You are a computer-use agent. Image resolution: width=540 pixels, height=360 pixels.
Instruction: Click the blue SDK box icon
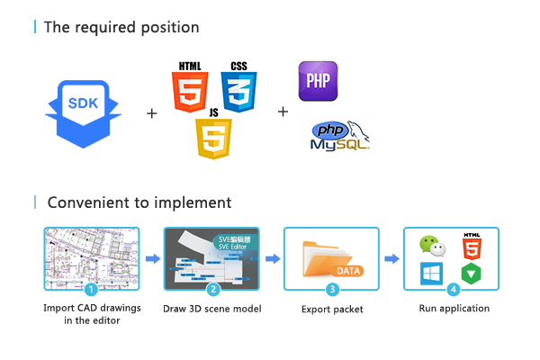84,112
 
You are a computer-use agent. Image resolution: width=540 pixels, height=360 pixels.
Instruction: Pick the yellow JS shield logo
214,136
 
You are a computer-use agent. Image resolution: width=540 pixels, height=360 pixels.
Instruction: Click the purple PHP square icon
318,80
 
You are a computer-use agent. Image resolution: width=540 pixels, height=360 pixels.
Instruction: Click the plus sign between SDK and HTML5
151,113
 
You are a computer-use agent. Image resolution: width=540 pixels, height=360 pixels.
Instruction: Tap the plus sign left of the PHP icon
283,112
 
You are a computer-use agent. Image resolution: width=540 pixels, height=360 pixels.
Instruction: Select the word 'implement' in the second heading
194,202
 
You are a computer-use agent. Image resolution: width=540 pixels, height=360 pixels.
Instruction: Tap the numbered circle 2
212,289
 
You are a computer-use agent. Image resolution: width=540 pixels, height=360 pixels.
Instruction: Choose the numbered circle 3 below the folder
332,289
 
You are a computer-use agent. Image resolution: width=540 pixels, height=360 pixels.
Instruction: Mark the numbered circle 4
453,289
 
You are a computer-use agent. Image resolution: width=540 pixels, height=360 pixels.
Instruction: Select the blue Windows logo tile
431,274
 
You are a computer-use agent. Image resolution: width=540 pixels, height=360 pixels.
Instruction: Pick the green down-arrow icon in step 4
471,274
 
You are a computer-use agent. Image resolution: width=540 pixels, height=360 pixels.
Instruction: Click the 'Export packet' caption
332,310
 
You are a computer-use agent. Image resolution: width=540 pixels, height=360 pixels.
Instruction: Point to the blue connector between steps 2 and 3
272,259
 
